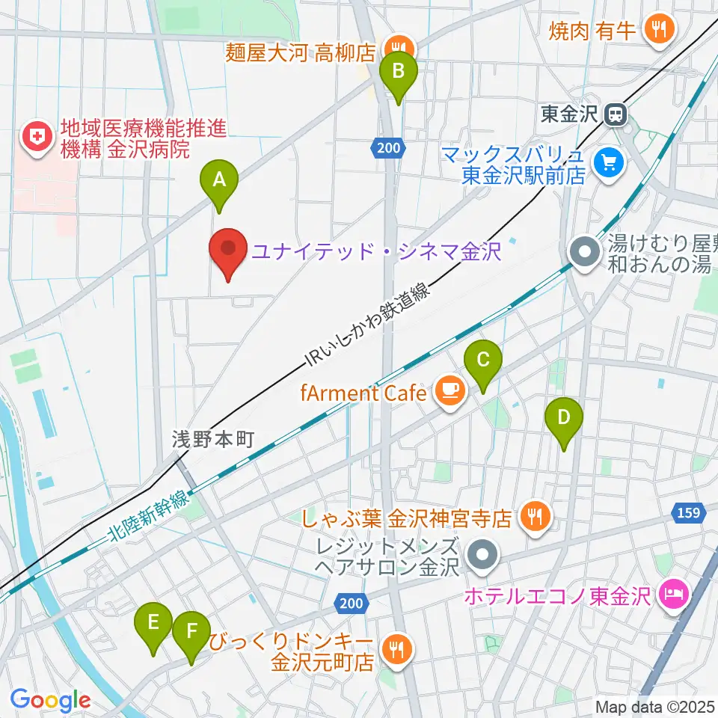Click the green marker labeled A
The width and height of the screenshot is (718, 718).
click(219, 180)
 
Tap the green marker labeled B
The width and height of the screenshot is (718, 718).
click(398, 73)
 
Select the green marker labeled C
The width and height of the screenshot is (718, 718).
click(483, 361)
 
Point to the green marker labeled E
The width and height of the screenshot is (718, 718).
click(153, 624)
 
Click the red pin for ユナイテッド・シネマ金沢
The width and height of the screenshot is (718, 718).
click(229, 251)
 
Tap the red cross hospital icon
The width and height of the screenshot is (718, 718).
click(34, 137)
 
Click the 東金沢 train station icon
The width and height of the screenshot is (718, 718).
click(616, 114)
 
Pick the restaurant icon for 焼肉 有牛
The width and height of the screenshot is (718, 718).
click(658, 30)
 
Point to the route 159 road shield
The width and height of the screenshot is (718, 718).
click(689, 512)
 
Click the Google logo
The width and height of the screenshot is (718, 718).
click(50, 701)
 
